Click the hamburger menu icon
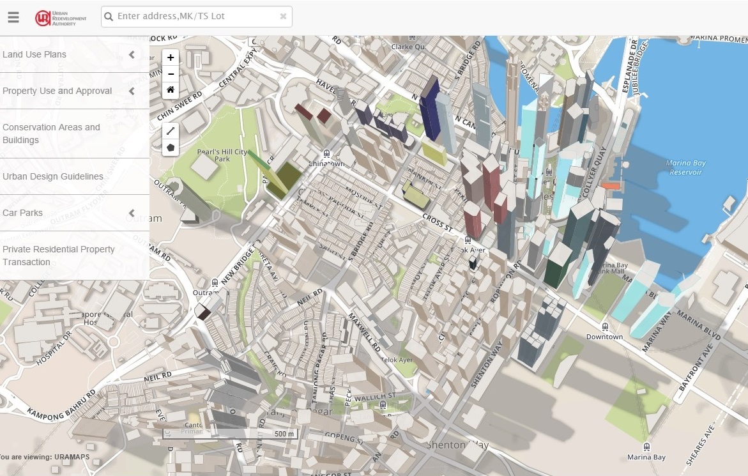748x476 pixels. [13, 18]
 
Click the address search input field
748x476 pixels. [192, 17]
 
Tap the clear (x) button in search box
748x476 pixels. [283, 17]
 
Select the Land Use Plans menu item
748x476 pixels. [34, 54]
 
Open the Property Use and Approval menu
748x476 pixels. [57, 91]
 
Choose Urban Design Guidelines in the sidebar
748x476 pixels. [53, 176]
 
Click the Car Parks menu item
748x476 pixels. [23, 213]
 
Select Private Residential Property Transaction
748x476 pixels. [59, 256]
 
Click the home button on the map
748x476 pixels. [171, 90]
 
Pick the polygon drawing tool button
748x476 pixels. [171, 148]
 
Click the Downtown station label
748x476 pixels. [604, 337]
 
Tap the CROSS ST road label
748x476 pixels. [438, 223]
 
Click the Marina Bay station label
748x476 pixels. [646, 457]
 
